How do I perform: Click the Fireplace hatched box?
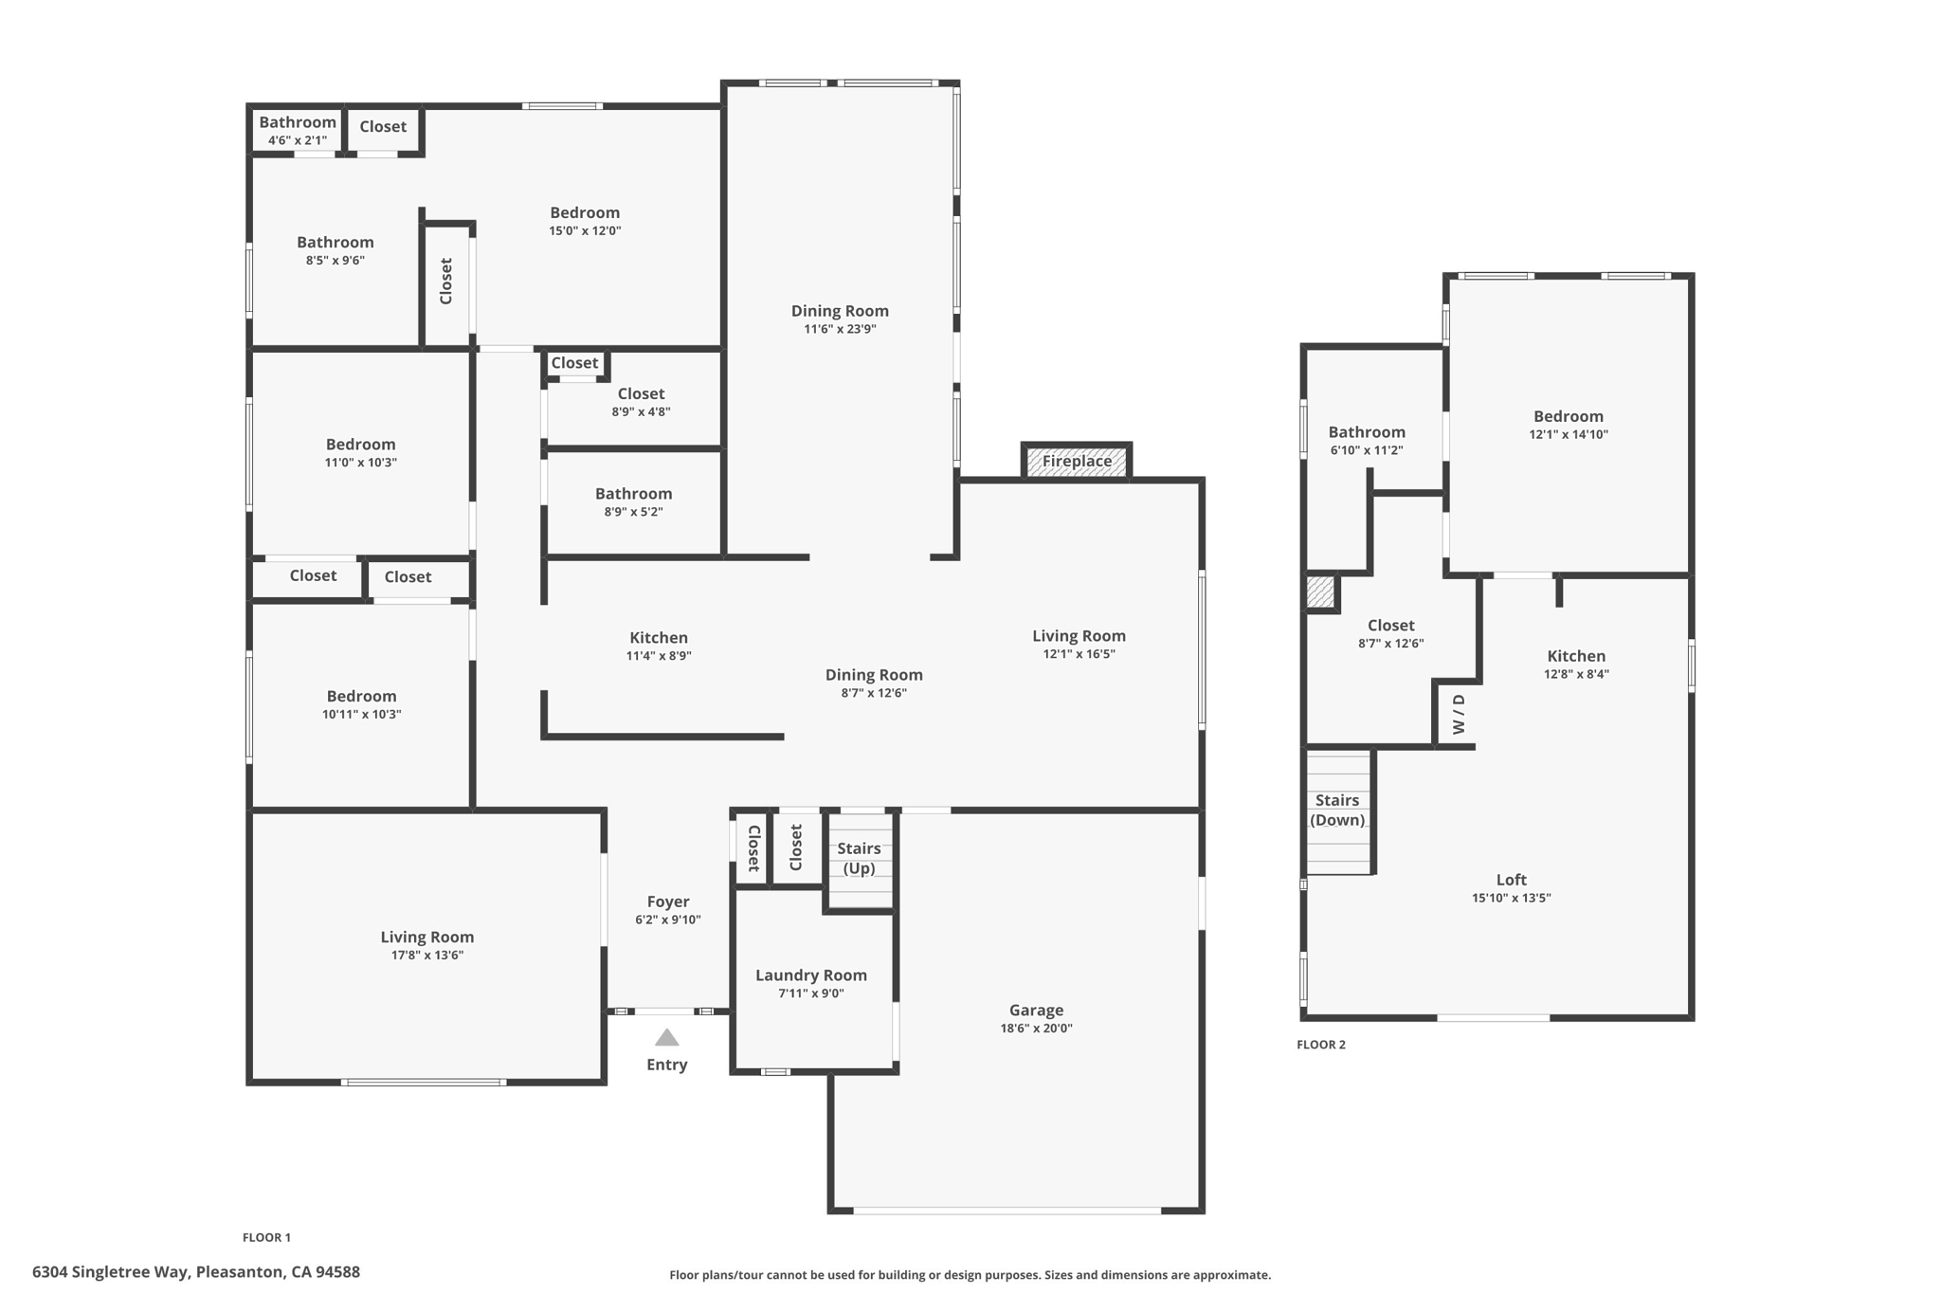pos(1077,462)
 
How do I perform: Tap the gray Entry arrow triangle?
pos(667,1038)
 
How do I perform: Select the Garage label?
pos(1036,1011)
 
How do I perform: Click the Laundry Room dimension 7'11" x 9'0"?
pos(811,993)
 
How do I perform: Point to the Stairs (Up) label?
pos(859,858)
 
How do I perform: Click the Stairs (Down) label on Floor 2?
pos(1337,810)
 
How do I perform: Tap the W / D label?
pos(1459,714)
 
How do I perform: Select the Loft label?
pos(1512,880)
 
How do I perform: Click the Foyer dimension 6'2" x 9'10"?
pos(668,920)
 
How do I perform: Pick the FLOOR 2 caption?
pos(1321,1045)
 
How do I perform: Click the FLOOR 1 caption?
pos(266,1237)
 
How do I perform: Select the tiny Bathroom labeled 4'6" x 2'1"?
pos(298,130)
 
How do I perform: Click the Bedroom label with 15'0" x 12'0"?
pos(585,213)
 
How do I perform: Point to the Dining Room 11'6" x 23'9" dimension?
pos(840,329)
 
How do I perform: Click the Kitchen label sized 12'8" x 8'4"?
pos(1576,656)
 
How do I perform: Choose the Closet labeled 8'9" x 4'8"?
pos(641,401)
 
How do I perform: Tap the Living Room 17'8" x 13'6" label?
pos(427,938)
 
